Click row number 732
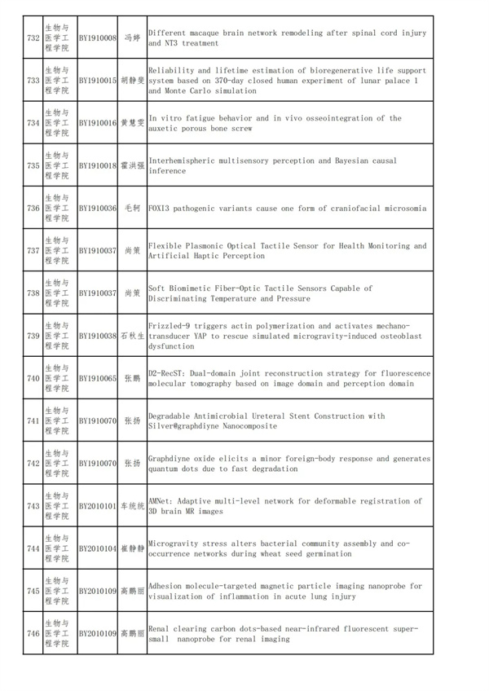(x=33, y=38)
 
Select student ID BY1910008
(x=98, y=38)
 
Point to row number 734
(x=33, y=123)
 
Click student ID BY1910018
(x=98, y=165)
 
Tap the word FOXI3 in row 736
(x=159, y=209)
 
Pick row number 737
(x=33, y=251)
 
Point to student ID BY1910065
(x=98, y=378)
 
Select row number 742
(x=33, y=464)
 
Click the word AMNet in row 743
(x=159, y=501)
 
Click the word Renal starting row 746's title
(x=159, y=629)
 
